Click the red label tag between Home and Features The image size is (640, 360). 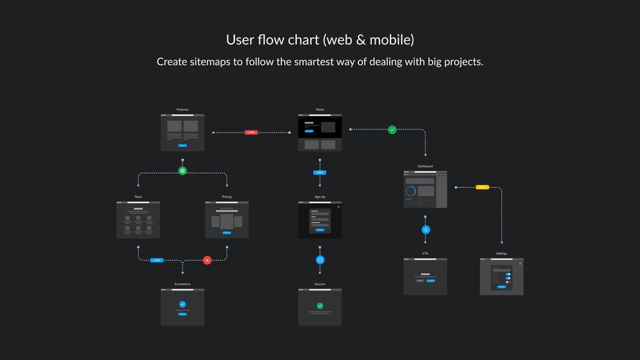[x=251, y=133]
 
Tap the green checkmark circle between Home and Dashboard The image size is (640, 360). [x=392, y=129]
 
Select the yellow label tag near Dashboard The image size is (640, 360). [x=482, y=187]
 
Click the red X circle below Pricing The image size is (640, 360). [x=207, y=260]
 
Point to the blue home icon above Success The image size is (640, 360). [x=320, y=260]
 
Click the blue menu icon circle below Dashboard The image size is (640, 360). [x=426, y=229]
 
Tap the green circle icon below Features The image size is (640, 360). [x=183, y=171]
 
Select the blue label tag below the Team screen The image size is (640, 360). [x=157, y=260]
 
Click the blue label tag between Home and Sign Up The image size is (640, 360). [x=320, y=173]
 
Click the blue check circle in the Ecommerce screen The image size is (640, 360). [x=183, y=305]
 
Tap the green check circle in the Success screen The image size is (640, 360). [x=320, y=306]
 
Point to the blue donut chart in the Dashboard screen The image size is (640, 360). [x=411, y=191]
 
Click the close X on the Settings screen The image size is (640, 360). [x=520, y=263]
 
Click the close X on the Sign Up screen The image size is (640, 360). [x=338, y=206]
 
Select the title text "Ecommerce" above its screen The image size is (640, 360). [x=183, y=284]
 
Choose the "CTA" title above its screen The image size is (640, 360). [x=425, y=253]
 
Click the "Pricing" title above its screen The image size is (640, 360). [x=227, y=196]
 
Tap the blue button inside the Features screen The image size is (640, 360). [x=183, y=145]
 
